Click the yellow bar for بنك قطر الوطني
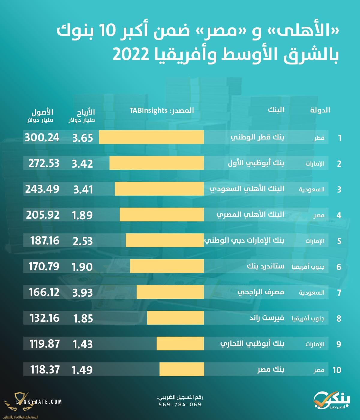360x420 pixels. pyautogui.click(x=151, y=137)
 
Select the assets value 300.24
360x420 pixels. pyautogui.click(x=42, y=137)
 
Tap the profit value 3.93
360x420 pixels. pyautogui.click(x=82, y=292)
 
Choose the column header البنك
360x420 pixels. pyautogui.click(x=276, y=110)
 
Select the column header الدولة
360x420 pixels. pyautogui.click(x=320, y=110)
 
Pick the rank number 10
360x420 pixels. pyautogui.click(x=337, y=370)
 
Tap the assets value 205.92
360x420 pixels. pyautogui.click(x=43, y=215)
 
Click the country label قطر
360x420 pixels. pyautogui.click(x=319, y=138)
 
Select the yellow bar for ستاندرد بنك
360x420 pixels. pyautogui.click(x=166, y=266)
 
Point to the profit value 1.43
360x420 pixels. pyautogui.click(x=82, y=344)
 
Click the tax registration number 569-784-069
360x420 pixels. pyautogui.click(x=180, y=404)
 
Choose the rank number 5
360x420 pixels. pyautogui.click(x=339, y=241)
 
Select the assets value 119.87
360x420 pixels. pyautogui.click(x=44, y=344)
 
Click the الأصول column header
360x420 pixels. pyautogui.click(x=42, y=112)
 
